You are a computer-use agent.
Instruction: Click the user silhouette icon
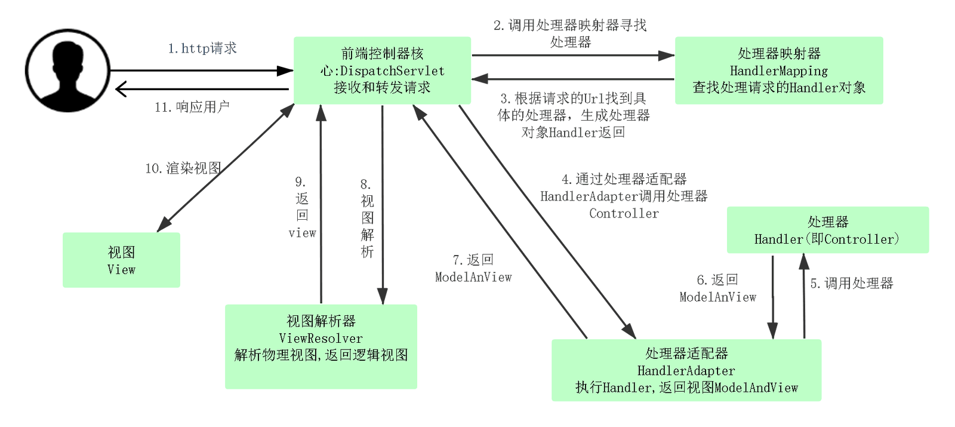(68, 71)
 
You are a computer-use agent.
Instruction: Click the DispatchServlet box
(382, 70)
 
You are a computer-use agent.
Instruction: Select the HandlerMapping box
(779, 70)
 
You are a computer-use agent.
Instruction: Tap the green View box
(122, 260)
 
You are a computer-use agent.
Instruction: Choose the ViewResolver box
(321, 346)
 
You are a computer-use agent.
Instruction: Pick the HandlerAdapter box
(686, 370)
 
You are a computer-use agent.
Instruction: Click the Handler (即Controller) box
(827, 230)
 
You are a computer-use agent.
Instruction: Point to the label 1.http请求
(202, 48)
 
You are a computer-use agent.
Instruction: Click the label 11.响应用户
(192, 107)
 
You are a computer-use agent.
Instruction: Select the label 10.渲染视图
(183, 168)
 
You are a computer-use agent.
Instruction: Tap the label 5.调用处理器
(851, 283)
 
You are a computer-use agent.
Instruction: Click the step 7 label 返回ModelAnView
(473, 268)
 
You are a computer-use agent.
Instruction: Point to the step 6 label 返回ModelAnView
(717, 288)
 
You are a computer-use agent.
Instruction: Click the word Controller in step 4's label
(624, 213)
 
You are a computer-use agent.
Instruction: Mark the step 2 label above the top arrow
(570, 33)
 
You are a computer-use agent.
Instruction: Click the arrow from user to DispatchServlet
(202, 70)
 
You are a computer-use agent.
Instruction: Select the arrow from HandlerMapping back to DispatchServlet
(572, 79)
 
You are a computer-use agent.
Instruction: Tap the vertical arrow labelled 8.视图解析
(383, 205)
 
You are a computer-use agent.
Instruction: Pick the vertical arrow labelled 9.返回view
(321, 204)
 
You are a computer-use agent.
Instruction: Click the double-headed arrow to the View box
(226, 168)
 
